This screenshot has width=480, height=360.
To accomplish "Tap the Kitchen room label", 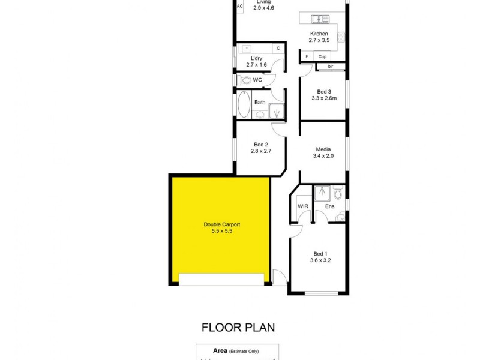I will tap(319, 34).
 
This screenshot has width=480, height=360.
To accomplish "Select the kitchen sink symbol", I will tap(317, 18).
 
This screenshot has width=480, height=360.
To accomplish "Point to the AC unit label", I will tap(239, 7).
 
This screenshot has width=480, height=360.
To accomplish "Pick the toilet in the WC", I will tap(246, 80).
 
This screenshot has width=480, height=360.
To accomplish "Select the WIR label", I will tap(303, 206).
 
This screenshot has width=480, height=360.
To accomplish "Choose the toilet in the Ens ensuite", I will tap(338, 193).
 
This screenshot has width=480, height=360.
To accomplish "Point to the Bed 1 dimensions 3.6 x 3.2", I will tap(321, 261).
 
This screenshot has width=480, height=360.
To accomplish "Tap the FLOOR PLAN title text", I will tap(238, 328).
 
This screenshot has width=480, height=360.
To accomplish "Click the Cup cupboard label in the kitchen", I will tap(322, 56).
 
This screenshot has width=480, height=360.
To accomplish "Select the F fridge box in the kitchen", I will tap(307, 56).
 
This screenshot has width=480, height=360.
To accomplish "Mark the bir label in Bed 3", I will tap(331, 66).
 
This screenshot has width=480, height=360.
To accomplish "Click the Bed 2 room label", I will tap(260, 144).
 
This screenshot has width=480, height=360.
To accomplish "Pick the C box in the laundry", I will tap(278, 48).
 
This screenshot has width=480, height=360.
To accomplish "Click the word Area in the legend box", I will tap(220, 350).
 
